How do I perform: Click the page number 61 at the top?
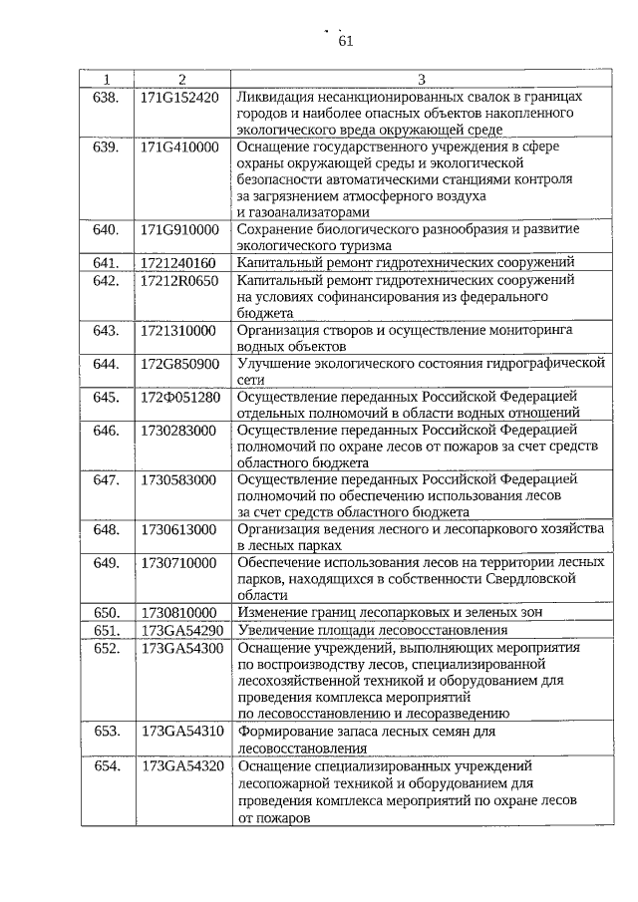tap(346, 41)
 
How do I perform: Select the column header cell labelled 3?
tap(421, 79)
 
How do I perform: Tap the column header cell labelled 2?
tap(181, 79)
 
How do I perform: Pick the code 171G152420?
tap(179, 97)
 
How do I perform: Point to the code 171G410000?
tap(179, 147)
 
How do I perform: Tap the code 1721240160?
tap(178, 262)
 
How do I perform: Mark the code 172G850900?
tap(179, 363)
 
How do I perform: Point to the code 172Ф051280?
tap(179, 397)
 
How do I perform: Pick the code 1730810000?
tap(178, 612)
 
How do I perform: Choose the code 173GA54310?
tap(181, 731)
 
